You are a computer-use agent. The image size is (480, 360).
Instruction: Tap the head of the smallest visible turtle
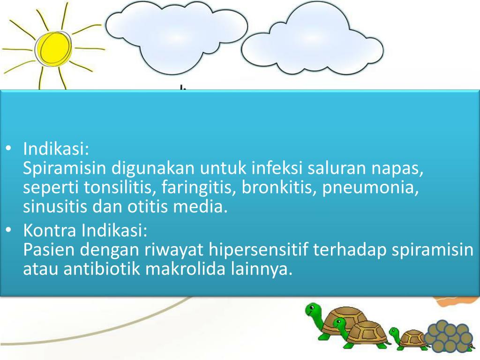tap(394, 333)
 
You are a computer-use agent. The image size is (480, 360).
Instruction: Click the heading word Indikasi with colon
tap(56, 150)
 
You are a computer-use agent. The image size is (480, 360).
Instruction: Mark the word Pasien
tap(49, 250)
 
